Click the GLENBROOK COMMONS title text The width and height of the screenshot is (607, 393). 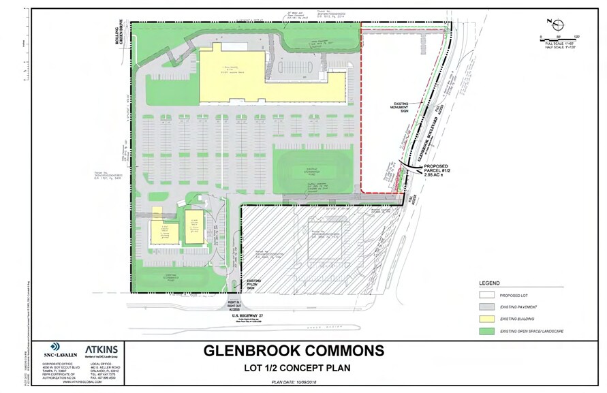point(294,351)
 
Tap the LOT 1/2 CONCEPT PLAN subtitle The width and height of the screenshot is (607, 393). point(294,368)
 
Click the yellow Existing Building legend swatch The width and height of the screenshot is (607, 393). point(487,318)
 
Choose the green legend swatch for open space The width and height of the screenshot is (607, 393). point(487,330)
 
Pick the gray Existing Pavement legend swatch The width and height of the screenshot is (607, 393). point(487,306)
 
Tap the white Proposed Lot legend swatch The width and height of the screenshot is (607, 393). point(487,294)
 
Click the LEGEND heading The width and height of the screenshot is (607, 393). point(489,283)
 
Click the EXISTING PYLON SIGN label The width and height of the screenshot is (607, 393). point(254,283)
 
